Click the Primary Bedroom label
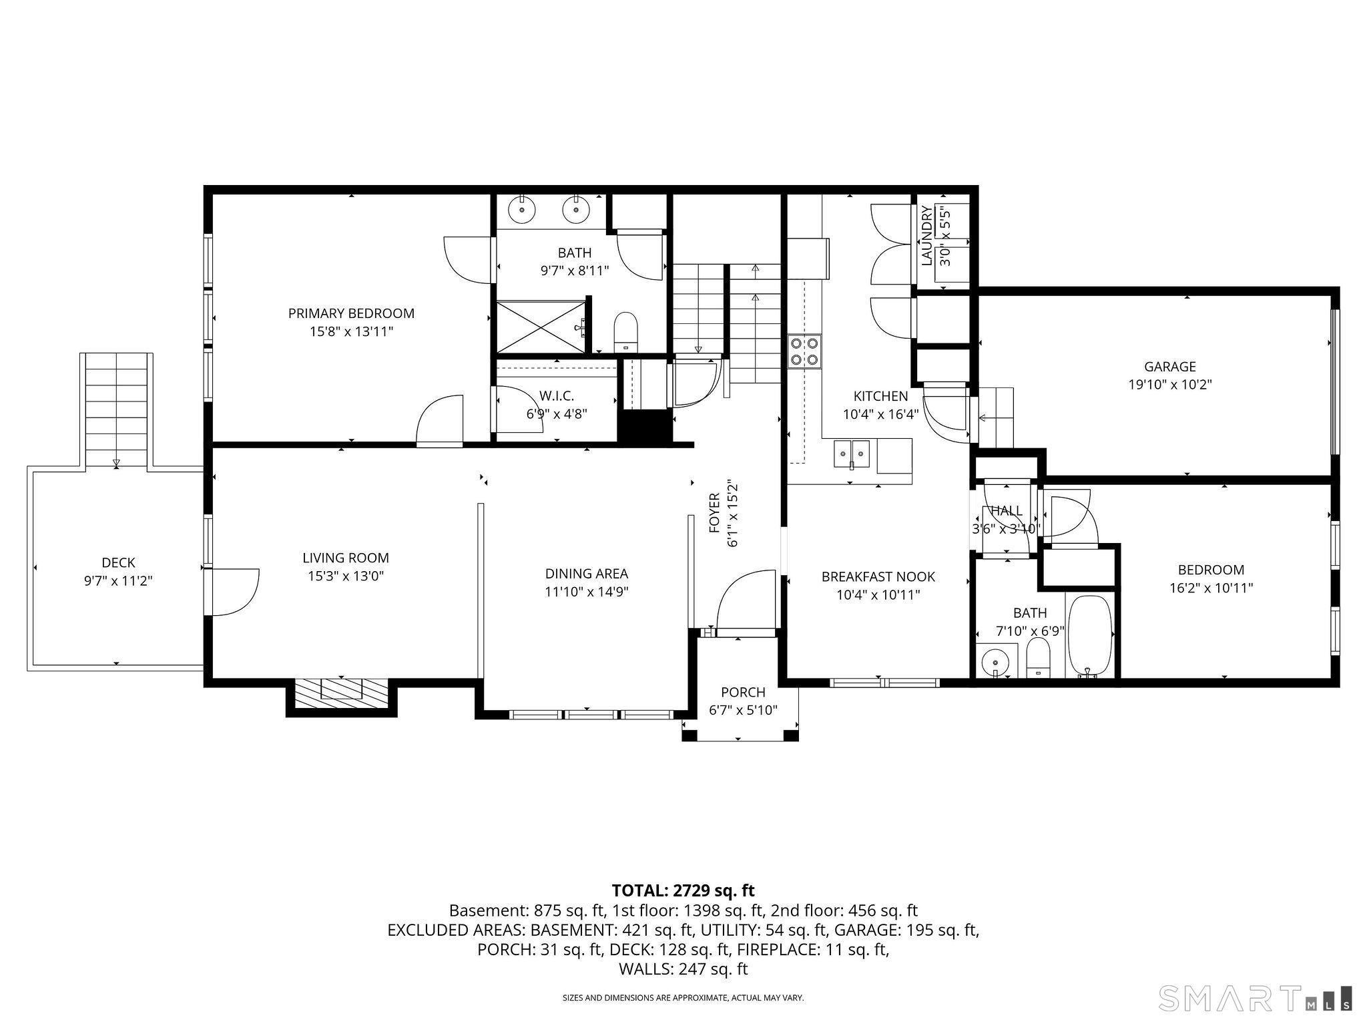(x=351, y=313)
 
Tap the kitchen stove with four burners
(x=804, y=351)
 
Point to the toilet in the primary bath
(x=625, y=331)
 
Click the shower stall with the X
(x=541, y=326)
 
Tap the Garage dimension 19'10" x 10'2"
(x=1169, y=385)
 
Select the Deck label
(x=118, y=562)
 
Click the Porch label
(x=743, y=692)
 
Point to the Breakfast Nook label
(x=878, y=576)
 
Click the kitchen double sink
(x=852, y=454)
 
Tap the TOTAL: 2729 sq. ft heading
(x=683, y=890)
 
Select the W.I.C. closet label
(x=557, y=396)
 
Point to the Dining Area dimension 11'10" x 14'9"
(x=586, y=591)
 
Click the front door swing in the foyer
(x=746, y=598)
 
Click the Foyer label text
(x=714, y=513)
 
